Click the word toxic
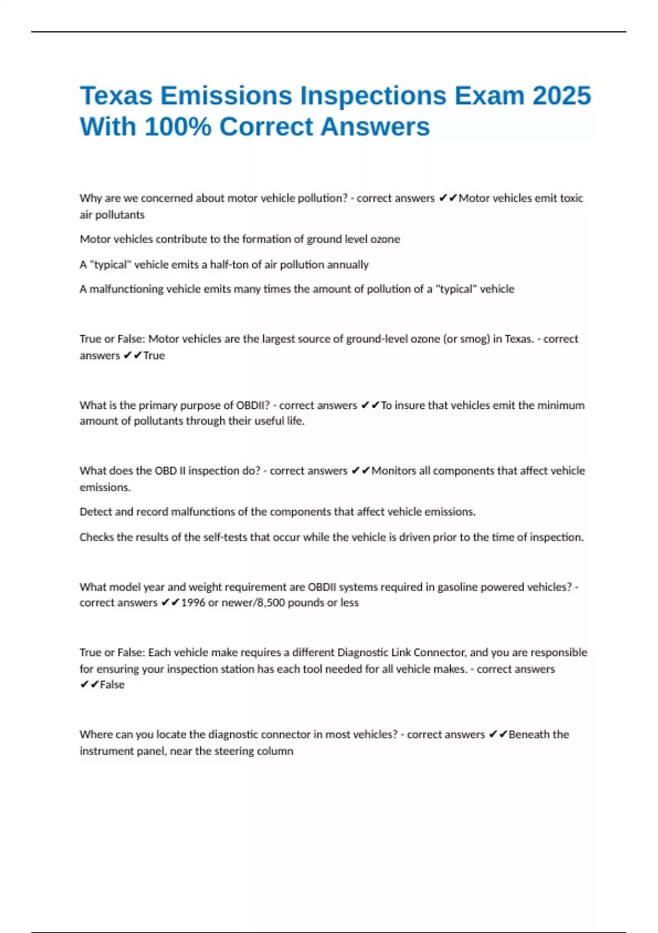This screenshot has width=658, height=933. pyautogui.click(x=571, y=198)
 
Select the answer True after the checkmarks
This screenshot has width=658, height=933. pyautogui.click(x=154, y=356)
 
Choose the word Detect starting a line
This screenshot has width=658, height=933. pyautogui.click(x=96, y=512)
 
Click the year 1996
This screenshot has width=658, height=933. pyautogui.click(x=193, y=603)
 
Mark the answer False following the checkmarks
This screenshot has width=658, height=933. pyautogui.click(x=112, y=685)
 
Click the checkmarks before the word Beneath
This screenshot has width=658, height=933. pyautogui.click(x=498, y=735)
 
